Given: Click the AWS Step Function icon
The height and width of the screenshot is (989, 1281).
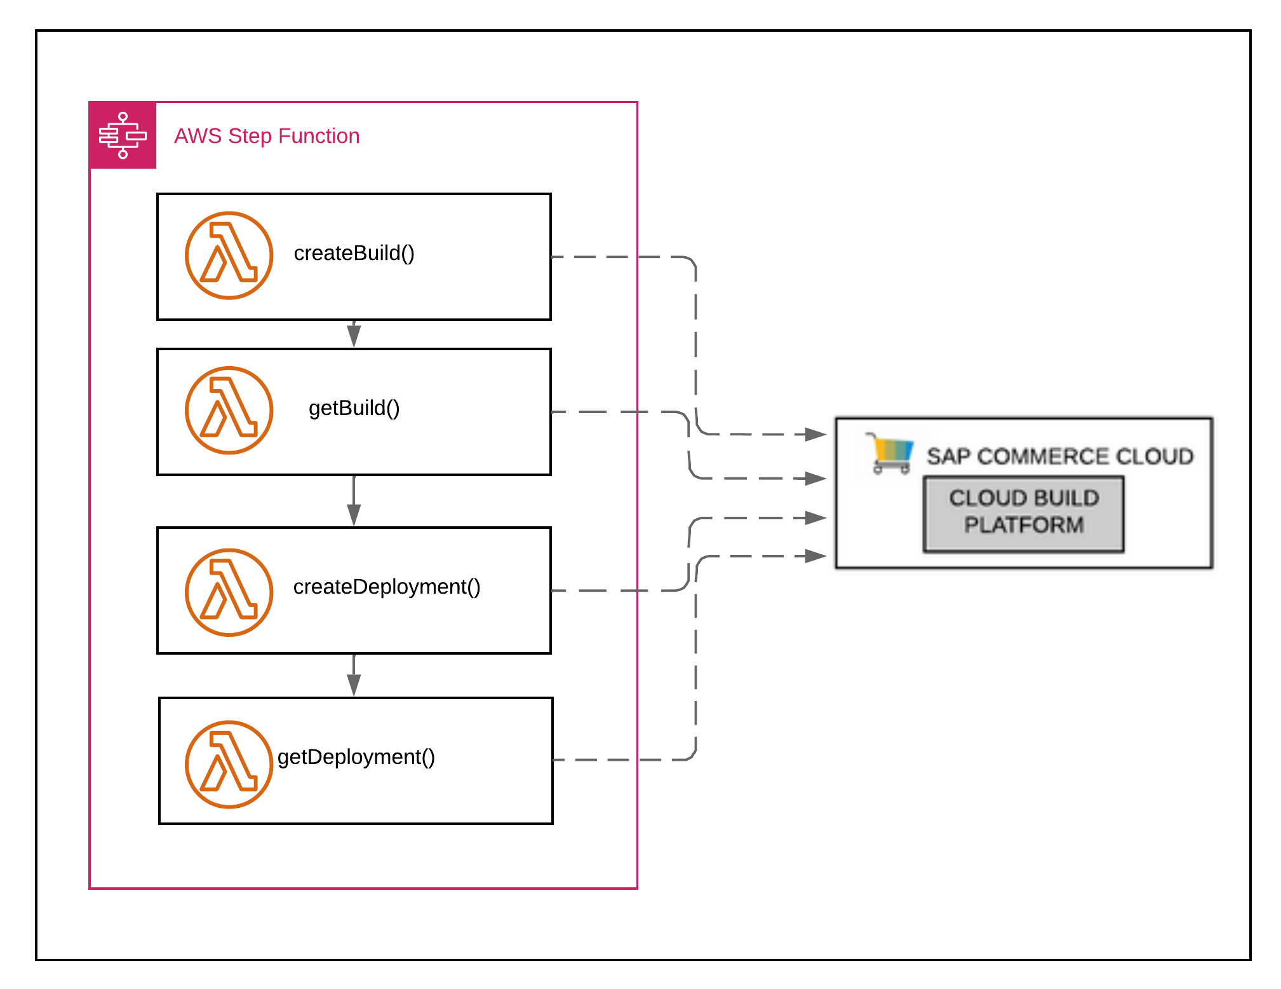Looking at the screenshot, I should pos(123,135).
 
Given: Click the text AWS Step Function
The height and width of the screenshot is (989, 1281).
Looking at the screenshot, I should pos(267,136).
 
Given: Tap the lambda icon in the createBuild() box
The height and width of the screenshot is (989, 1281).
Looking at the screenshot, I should pos(229,255).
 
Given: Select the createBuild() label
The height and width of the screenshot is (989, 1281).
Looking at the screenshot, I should pos(354,253).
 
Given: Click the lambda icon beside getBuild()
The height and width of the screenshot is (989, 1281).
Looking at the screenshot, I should pos(229,410).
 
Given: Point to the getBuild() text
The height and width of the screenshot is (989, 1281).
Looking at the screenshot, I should pos(354,408).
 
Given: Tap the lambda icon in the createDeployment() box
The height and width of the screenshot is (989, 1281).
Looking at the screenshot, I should pos(229,592).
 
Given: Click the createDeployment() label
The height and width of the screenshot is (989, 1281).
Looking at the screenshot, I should pos(386,587).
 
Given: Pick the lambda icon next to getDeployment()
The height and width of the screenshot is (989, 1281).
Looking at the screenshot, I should pos(229,763).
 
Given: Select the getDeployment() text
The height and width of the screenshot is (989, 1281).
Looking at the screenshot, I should pos(356,757).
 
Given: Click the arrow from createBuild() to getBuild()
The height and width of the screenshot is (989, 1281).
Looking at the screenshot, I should pos(354,334).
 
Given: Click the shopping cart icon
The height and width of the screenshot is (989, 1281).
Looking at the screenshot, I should pos(891,453).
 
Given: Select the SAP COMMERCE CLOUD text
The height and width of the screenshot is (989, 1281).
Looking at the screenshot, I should pos(1059,456).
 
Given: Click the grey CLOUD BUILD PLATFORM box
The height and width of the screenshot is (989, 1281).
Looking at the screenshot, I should pos(1023,514).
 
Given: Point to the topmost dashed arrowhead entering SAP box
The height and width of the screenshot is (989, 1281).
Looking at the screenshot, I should pos(815,435).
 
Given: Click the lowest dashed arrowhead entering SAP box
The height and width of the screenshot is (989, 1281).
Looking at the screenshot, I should pos(815,556).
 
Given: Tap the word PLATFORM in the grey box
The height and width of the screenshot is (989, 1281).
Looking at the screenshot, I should pos(1023,526).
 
